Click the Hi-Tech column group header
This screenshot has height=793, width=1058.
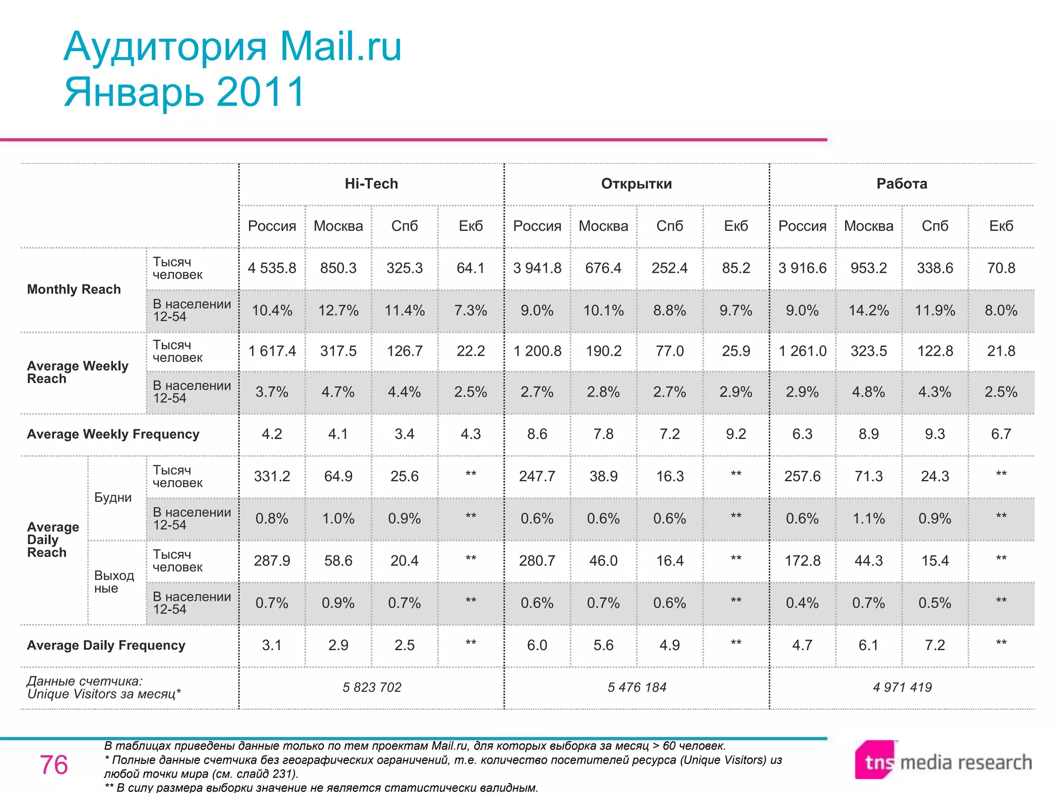click(x=371, y=184)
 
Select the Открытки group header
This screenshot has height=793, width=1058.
click(x=636, y=184)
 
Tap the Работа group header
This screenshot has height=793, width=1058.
click(x=901, y=184)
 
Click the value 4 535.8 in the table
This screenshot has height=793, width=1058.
click(x=272, y=268)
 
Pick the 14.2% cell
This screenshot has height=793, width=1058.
click(x=868, y=310)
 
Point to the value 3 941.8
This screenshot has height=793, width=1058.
click(x=537, y=268)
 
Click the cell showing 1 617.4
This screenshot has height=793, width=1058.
click(x=272, y=351)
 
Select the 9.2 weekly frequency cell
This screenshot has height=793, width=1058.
click(x=736, y=434)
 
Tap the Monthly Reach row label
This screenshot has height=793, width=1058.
click(x=74, y=289)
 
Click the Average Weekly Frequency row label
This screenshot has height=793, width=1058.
click(x=113, y=434)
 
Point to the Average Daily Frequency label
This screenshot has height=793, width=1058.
click(x=106, y=645)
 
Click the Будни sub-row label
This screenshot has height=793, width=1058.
click(x=113, y=498)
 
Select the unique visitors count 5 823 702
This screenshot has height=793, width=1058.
click(x=371, y=687)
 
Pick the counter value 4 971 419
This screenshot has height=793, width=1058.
click(x=902, y=687)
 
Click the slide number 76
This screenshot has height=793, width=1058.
click(x=54, y=765)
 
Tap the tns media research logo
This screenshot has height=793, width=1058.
click(x=943, y=762)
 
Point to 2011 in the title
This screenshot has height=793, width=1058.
click(x=261, y=92)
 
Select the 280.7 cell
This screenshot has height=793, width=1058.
click(x=537, y=561)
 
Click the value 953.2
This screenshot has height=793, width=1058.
click(x=868, y=268)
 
